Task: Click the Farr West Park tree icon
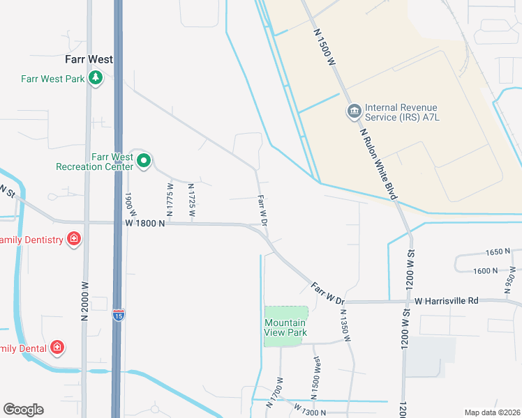[96, 78]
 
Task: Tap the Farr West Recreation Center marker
[144, 162]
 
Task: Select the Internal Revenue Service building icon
[354, 111]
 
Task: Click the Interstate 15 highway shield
[119, 316]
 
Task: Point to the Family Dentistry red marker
[74, 240]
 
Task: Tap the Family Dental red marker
[57, 347]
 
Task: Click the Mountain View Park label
[285, 327]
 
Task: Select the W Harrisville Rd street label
[446, 301]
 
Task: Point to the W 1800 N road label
[145, 223]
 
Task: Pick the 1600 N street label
[485, 270]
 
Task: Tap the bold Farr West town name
[89, 60]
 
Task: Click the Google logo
[23, 410]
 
